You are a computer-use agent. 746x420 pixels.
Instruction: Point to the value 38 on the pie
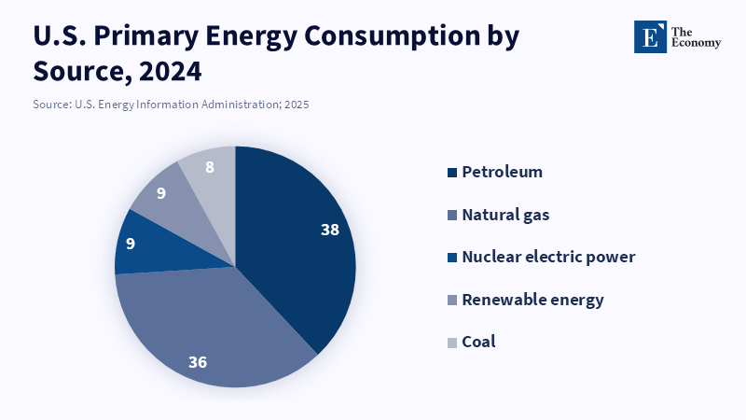coord(329,230)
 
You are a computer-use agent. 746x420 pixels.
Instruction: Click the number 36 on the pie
coord(198,361)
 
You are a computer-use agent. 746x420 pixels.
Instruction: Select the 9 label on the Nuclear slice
coord(131,244)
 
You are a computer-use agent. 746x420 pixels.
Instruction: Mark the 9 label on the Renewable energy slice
coord(161,194)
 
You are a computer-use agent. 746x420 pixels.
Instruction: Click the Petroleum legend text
coord(502,172)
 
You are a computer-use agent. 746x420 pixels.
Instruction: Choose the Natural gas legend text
coord(505,215)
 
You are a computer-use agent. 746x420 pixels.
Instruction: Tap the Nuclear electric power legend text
coord(548,257)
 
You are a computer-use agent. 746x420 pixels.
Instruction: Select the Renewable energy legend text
coord(532,300)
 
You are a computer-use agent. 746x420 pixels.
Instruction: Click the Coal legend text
coord(478,342)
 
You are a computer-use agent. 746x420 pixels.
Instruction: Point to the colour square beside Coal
coord(452,343)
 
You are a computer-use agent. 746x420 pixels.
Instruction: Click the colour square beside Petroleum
coord(452,173)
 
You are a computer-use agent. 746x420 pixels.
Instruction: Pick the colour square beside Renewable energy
coord(452,301)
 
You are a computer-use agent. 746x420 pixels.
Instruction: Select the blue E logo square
coord(650,36)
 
